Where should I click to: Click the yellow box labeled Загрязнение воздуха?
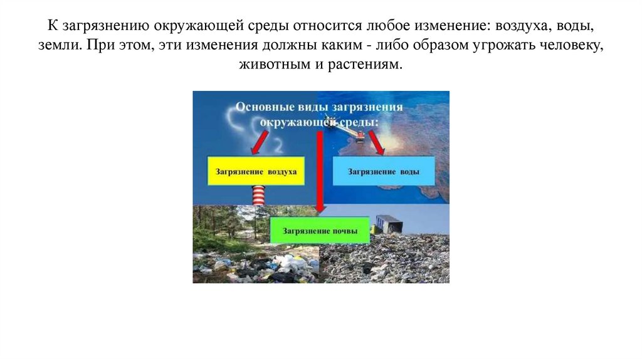click(256, 171)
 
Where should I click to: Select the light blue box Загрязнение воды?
click(384, 171)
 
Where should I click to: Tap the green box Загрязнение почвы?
click(320, 231)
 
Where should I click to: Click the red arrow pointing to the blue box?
click(377, 144)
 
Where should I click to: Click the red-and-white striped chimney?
click(258, 196)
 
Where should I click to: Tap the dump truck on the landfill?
click(389, 224)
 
